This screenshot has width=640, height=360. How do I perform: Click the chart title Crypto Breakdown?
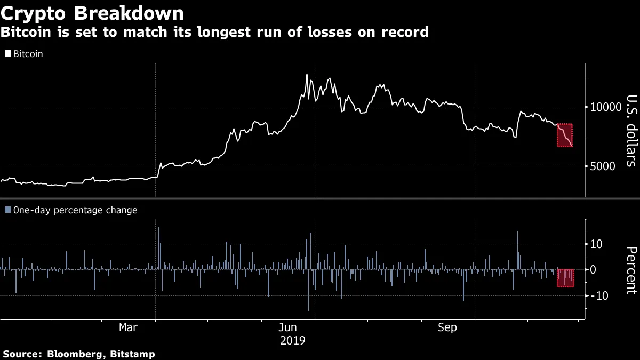pyautogui.click(x=93, y=13)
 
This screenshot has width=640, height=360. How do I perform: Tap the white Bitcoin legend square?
pyautogui.click(x=8, y=54)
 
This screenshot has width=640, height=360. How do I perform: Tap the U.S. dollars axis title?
pyautogui.click(x=631, y=131)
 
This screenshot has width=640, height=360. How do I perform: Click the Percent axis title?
pyautogui.click(x=631, y=270)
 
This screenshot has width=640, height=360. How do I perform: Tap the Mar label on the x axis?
pyautogui.click(x=128, y=327)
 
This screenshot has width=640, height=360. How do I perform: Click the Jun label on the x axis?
pyautogui.click(x=288, y=327)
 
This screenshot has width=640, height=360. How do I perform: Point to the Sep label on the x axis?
pyautogui.click(x=447, y=327)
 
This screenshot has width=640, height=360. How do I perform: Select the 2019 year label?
pyautogui.click(x=293, y=340)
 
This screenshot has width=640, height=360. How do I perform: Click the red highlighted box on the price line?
pyautogui.click(x=565, y=135)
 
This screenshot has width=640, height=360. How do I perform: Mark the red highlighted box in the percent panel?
pyautogui.click(x=565, y=278)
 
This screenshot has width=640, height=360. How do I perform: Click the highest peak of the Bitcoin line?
pyautogui.click(x=307, y=75)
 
